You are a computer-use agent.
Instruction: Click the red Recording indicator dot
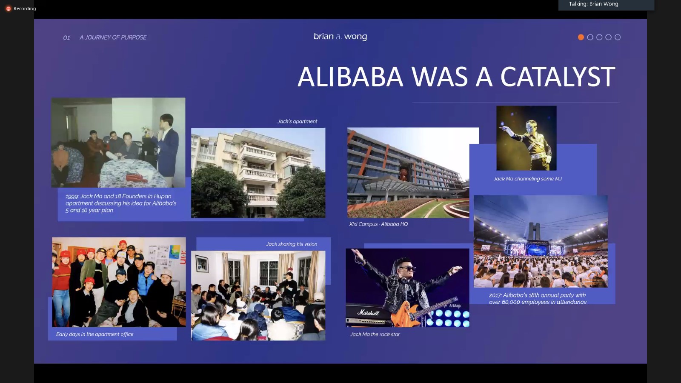tap(9, 9)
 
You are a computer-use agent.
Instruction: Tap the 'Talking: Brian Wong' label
tap(593, 4)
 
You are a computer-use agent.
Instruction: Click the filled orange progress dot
tap(581, 37)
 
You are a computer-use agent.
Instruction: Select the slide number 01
tap(66, 38)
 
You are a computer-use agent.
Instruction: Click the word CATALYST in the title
tap(558, 77)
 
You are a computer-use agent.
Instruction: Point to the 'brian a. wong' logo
tap(340, 37)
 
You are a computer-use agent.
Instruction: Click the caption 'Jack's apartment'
tap(297, 121)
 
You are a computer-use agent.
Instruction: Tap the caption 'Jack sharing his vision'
tap(291, 244)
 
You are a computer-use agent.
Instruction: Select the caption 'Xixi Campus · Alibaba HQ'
tap(378, 224)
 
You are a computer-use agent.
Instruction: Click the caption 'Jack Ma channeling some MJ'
tap(527, 179)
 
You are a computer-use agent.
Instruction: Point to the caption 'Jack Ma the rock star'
tap(375, 334)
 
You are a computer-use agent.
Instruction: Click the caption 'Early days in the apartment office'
tap(94, 334)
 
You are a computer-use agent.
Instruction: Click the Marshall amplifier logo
tap(368, 312)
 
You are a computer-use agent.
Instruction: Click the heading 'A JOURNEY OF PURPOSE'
tap(113, 37)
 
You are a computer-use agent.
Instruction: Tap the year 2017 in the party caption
tap(495, 295)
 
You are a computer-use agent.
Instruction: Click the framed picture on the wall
tap(202, 263)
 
